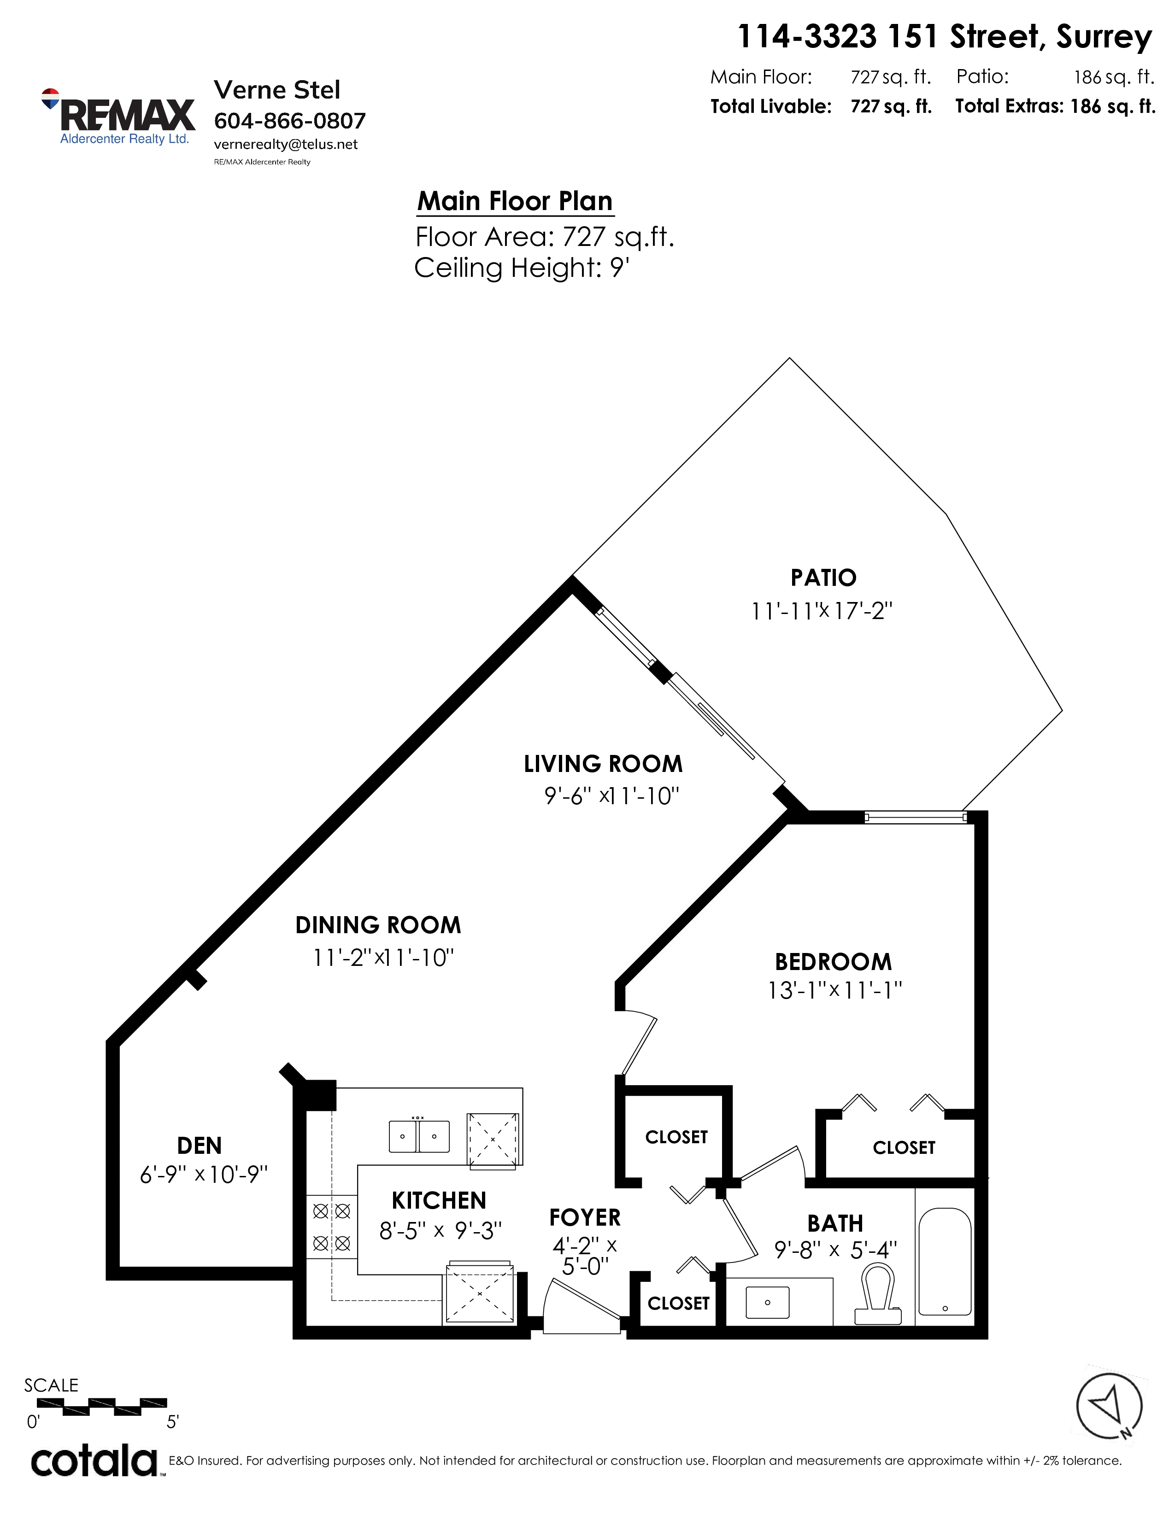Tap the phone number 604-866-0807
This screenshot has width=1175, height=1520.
(289, 121)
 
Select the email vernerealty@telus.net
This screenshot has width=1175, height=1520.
(285, 144)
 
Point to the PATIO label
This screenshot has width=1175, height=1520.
(823, 578)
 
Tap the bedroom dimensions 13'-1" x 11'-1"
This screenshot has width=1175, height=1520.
(834, 990)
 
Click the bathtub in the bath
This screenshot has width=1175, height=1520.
(945, 1261)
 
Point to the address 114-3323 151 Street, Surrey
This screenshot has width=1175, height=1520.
(945, 36)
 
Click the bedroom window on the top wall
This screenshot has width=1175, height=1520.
(916, 818)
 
